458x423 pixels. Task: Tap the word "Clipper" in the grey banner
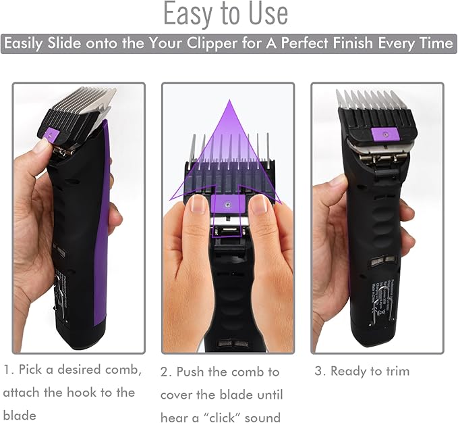pyautogui.click(x=212, y=44)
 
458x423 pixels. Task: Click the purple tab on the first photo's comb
pyautogui.click(x=52, y=134)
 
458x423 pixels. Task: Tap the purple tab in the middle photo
pyautogui.click(x=228, y=203)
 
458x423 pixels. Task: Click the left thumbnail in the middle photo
pyautogui.click(x=198, y=204)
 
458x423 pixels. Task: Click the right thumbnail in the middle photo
pyautogui.click(x=259, y=204)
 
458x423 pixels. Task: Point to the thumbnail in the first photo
pyautogui.click(x=41, y=145)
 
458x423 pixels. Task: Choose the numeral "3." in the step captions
pyautogui.click(x=320, y=371)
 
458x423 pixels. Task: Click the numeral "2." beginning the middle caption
pyautogui.click(x=166, y=372)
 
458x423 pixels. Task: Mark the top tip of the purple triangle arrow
pyautogui.click(x=229, y=100)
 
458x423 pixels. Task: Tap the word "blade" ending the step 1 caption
pyautogui.click(x=20, y=416)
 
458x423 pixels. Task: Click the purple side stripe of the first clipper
pyautogui.click(x=101, y=222)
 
